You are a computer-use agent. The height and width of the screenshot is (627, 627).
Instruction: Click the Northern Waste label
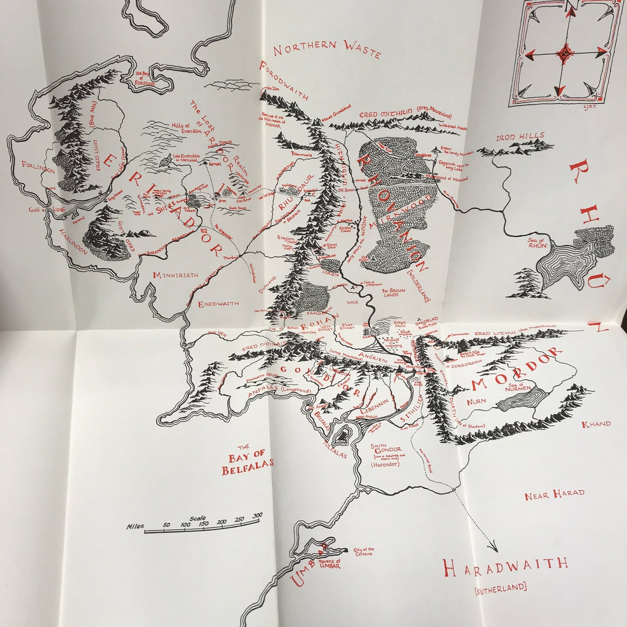click(x=327, y=48)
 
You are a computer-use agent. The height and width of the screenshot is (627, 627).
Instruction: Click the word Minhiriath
click(x=175, y=275)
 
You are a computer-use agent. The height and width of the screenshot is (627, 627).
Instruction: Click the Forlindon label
click(x=39, y=166)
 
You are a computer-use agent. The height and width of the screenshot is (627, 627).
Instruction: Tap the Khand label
click(x=596, y=424)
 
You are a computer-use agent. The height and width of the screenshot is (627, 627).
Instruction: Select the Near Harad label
click(x=554, y=494)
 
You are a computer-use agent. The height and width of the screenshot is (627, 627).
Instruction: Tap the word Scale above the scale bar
click(x=198, y=518)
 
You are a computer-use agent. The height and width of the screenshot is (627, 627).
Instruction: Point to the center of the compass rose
click(x=565, y=53)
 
